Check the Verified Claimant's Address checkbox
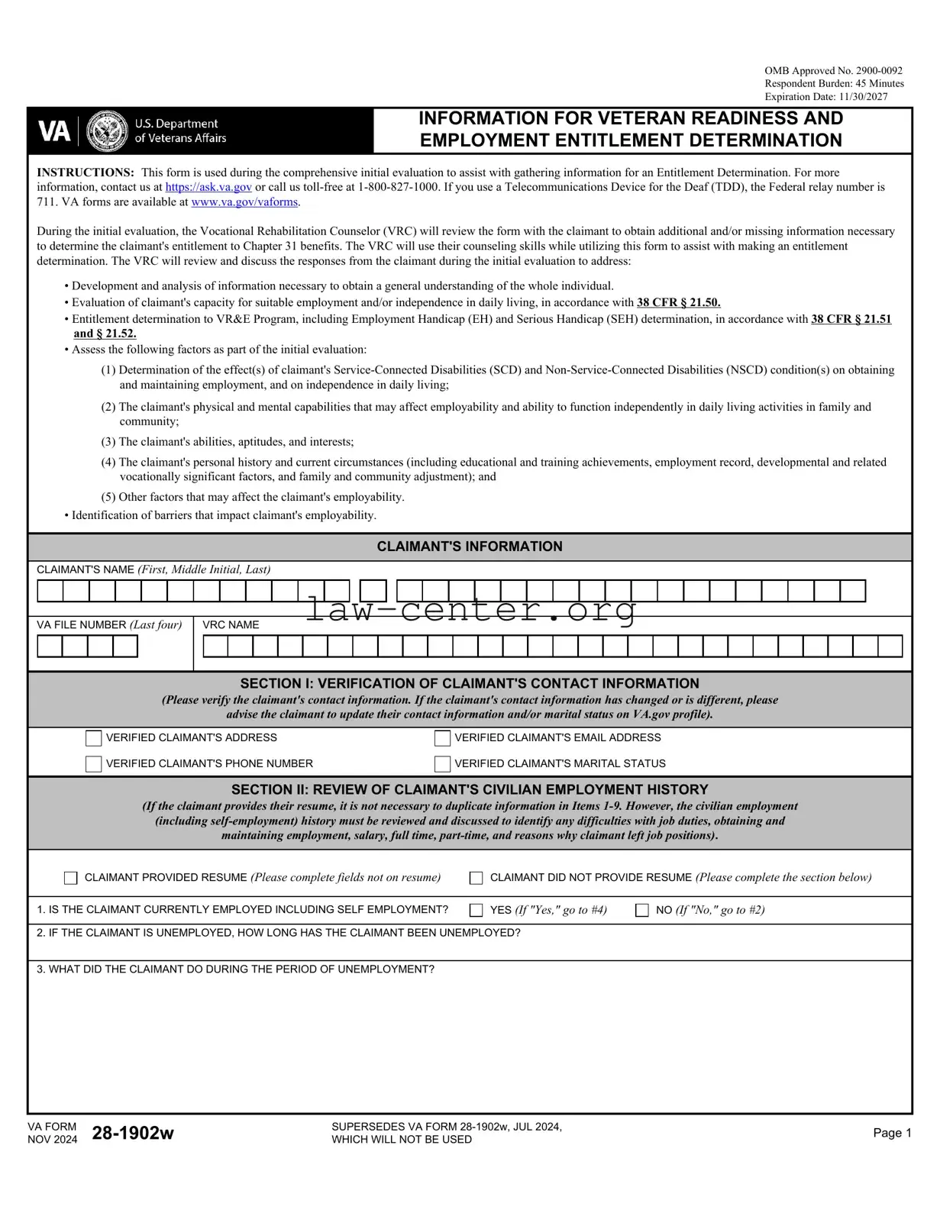[94, 738]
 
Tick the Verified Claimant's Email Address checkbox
[442, 738]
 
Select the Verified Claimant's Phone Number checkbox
[94, 764]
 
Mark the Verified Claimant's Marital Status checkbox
[442, 764]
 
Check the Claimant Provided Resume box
[71, 878]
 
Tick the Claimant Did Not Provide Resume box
[476, 878]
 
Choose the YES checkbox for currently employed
[476, 910]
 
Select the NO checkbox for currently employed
[642, 910]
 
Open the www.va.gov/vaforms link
[244, 202]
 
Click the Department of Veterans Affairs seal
[107, 131]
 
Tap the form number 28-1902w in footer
[133, 1133]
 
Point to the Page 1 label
[892, 1133]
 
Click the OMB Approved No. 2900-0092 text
[833, 70]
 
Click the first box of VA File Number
[50, 647]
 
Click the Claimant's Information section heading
[470, 547]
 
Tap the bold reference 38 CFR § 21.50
[678, 303]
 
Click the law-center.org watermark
[470, 610]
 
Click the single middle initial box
[373, 591]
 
